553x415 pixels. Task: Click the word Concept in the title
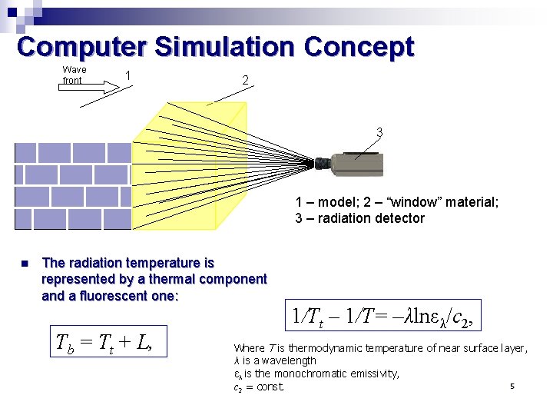pyautogui.click(x=359, y=47)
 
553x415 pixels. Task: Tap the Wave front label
pyautogui.click(x=74, y=75)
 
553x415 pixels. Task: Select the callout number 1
pyautogui.click(x=127, y=75)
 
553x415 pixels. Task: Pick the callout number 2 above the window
pyautogui.click(x=244, y=80)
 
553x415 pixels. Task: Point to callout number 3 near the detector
pyautogui.click(x=379, y=132)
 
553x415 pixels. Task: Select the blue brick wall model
pyautogui.click(x=73, y=187)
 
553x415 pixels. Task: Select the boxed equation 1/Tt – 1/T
pyautogui.click(x=382, y=316)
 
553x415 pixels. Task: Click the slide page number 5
pyautogui.click(x=511, y=386)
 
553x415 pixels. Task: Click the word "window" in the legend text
pyautogui.click(x=395, y=202)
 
